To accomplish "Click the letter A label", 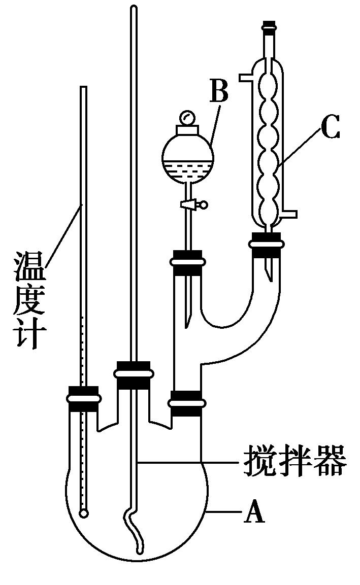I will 254,513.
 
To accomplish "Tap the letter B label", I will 219,92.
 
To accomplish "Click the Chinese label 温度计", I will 30,299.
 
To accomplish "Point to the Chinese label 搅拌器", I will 294,461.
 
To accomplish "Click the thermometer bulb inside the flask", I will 84,513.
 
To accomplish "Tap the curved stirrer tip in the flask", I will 136,538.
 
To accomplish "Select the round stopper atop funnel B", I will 188,118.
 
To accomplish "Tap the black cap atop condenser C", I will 269,24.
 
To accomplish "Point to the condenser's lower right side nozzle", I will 290,213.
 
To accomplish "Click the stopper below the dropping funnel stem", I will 188,262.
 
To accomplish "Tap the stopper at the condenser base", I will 265,244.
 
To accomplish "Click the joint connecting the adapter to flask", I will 187,403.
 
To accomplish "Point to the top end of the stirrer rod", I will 134,9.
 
